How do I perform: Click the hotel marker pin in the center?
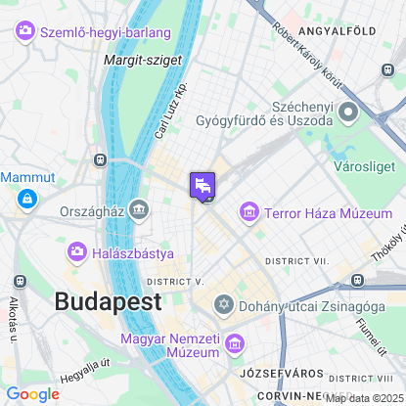202,185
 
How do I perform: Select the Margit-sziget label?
130,60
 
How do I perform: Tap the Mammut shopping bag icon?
26,200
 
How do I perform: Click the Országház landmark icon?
139,209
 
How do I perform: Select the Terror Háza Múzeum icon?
249,212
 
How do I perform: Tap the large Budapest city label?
108,301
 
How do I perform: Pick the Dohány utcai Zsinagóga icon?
224,306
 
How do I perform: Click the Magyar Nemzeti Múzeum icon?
234,343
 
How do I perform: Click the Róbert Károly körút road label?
315,58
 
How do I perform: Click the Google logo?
32,394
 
